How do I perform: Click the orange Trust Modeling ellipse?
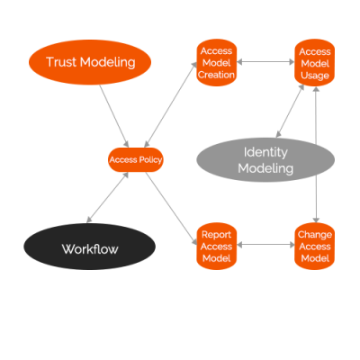90,62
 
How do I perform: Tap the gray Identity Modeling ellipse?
265,159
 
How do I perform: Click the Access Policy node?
135,160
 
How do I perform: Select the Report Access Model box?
217,245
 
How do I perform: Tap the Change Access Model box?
314,245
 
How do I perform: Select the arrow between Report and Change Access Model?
265,245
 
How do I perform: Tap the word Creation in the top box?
217,75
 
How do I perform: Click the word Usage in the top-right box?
314,75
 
